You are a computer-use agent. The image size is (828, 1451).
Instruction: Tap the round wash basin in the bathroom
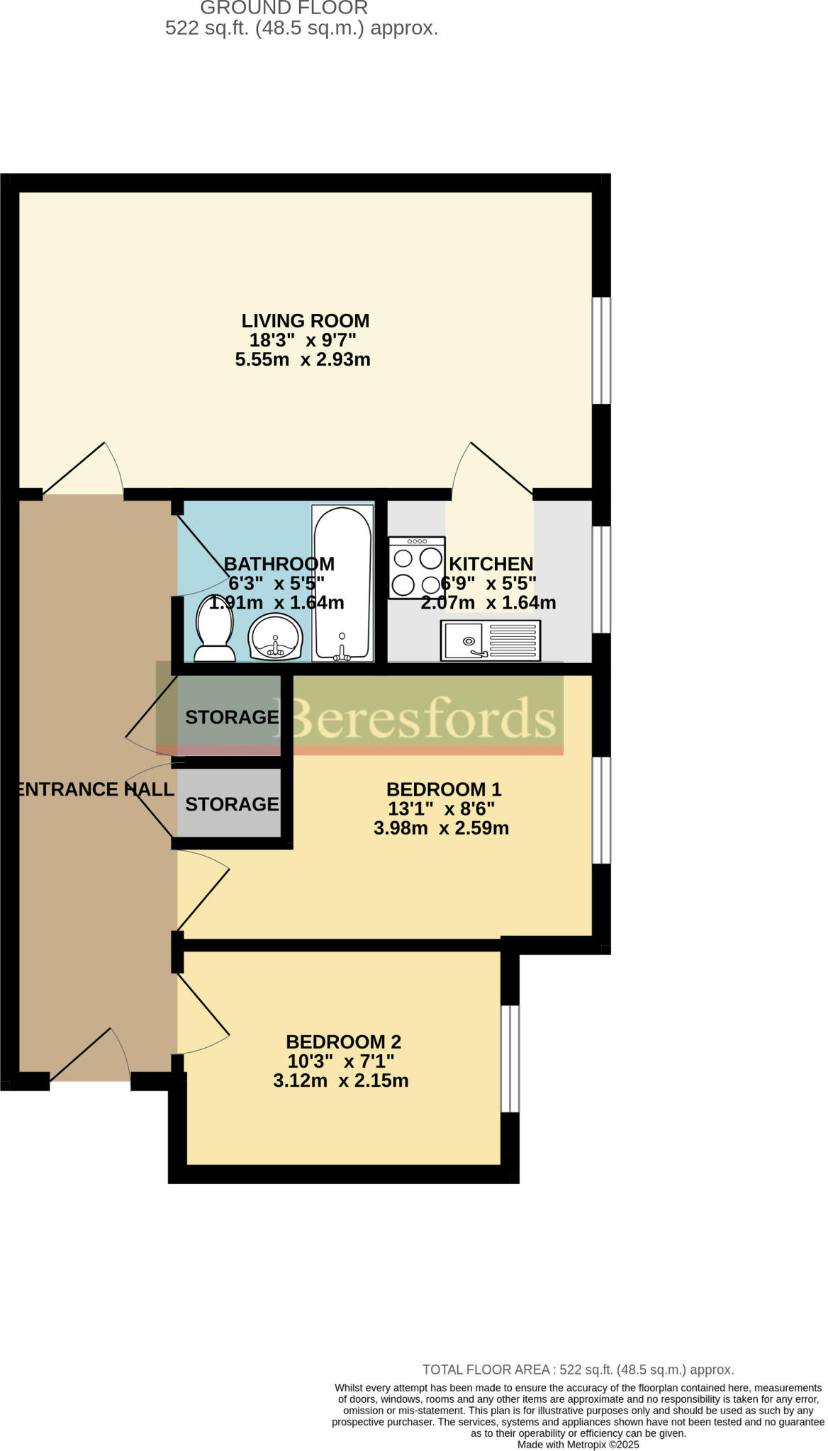(276, 637)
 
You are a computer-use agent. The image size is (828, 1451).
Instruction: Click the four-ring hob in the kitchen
(417, 568)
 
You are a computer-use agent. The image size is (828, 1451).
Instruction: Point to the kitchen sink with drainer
(491, 640)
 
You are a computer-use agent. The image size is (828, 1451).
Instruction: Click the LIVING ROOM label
(305, 321)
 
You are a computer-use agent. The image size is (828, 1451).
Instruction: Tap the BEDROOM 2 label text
(343, 1042)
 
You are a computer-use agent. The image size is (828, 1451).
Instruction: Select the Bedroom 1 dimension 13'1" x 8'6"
(441, 809)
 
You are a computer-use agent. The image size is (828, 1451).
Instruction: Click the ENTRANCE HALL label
(95, 789)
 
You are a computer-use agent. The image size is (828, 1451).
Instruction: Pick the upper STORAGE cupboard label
(232, 717)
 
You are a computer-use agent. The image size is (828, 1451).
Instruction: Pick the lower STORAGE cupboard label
(232, 804)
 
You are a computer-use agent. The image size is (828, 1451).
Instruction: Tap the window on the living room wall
(601, 350)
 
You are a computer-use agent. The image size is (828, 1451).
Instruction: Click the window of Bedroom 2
(510, 1058)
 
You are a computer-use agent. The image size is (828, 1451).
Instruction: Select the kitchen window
(601, 579)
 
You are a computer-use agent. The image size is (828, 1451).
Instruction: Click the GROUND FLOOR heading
(284, 9)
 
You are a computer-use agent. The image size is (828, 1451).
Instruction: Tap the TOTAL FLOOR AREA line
(578, 1370)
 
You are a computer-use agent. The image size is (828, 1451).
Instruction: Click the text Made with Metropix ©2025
(578, 1444)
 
